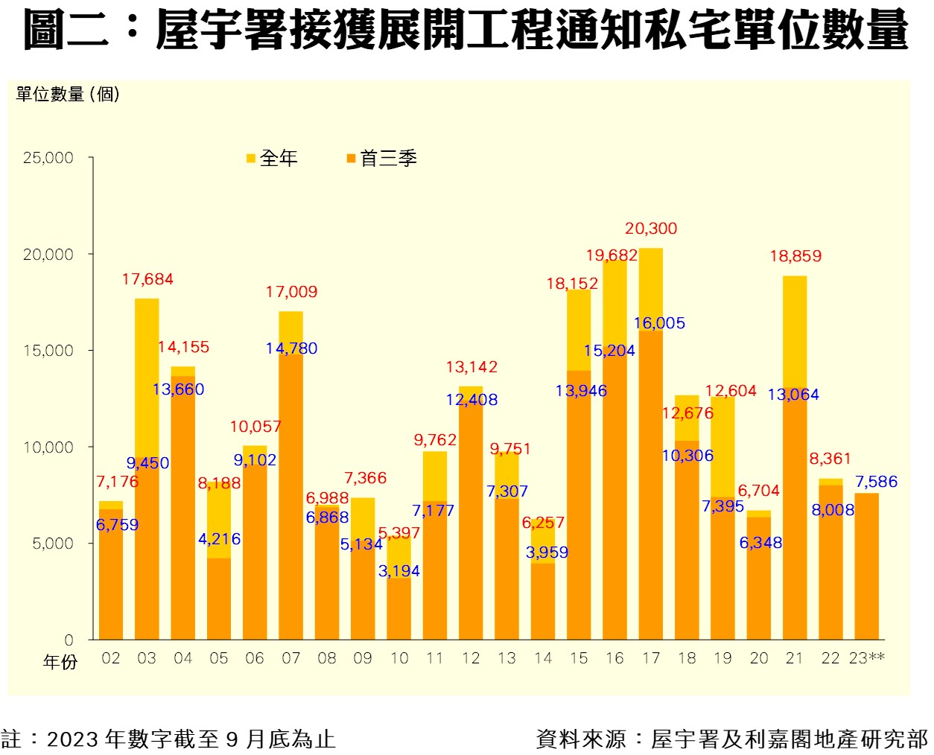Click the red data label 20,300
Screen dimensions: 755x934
(651, 229)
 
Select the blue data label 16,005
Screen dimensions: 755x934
(659, 323)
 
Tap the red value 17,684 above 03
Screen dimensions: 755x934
(147, 279)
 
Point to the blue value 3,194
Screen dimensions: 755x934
(399, 571)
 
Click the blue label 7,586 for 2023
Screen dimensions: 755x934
(876, 482)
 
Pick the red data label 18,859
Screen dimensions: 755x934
(795, 256)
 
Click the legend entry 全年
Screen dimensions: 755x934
(273, 158)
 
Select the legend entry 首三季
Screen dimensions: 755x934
(382, 158)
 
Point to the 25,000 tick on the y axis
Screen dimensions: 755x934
(48, 158)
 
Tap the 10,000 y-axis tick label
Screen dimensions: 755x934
(48, 447)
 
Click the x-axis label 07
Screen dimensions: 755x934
(290, 658)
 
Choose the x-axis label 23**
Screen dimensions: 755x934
(866, 658)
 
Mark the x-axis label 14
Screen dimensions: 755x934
(543, 658)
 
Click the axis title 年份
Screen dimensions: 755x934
(60, 662)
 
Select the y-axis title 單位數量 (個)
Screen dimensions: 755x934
(68, 95)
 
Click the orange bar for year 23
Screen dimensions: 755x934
(866, 566)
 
